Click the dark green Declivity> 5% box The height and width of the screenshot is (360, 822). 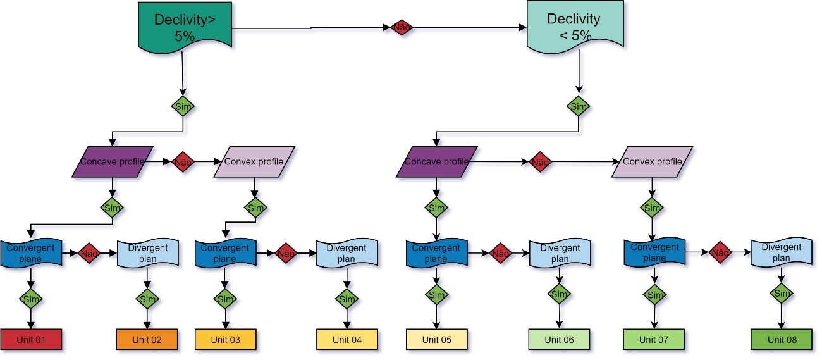pos(184,27)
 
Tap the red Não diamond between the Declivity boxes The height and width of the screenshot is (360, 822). pos(402,27)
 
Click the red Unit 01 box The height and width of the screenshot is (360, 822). pos(31,340)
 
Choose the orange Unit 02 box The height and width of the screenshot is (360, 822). pos(147,340)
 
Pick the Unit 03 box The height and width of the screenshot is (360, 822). pos(225,340)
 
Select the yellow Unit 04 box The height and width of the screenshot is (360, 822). pos(347,340)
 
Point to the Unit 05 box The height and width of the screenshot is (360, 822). pos(436,340)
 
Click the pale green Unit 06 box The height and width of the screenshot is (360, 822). pos(559,340)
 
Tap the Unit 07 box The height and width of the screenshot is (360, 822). pos(653,340)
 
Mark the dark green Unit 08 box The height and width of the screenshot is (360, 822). pos(782,340)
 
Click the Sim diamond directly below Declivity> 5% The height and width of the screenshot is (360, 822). pos(183,106)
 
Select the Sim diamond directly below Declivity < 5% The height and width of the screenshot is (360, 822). pos(579,106)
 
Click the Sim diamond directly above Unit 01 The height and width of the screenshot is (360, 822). pos(31,298)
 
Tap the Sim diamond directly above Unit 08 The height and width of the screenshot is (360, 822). pos(782,294)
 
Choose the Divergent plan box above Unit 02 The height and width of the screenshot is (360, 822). pos(148,253)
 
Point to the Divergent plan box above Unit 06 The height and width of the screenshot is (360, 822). pos(560,253)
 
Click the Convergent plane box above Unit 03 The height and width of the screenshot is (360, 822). pos(224,253)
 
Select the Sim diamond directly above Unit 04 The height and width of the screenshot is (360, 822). pos(347,298)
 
